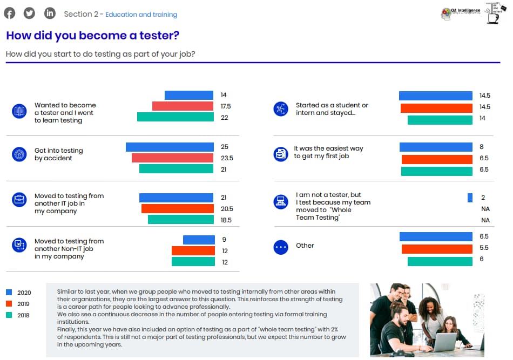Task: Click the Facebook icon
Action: [9, 13]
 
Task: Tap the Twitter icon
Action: [29, 13]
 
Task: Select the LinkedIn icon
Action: [50, 13]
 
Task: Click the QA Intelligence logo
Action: [460, 14]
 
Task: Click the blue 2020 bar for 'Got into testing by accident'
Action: [170, 147]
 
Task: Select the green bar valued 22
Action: [175, 117]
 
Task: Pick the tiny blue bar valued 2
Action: [470, 198]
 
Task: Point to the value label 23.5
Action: [227, 158]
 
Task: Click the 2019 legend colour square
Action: [9, 303]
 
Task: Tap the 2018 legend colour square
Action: [9, 315]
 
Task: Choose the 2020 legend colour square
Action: [9, 292]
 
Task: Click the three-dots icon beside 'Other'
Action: [281, 247]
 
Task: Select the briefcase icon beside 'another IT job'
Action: [19, 200]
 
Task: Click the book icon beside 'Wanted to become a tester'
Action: [19, 112]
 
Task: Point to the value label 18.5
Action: [226, 220]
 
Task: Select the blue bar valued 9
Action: [198, 240]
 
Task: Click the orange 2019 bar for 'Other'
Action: [437, 248]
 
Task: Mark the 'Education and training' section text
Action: [141, 15]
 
